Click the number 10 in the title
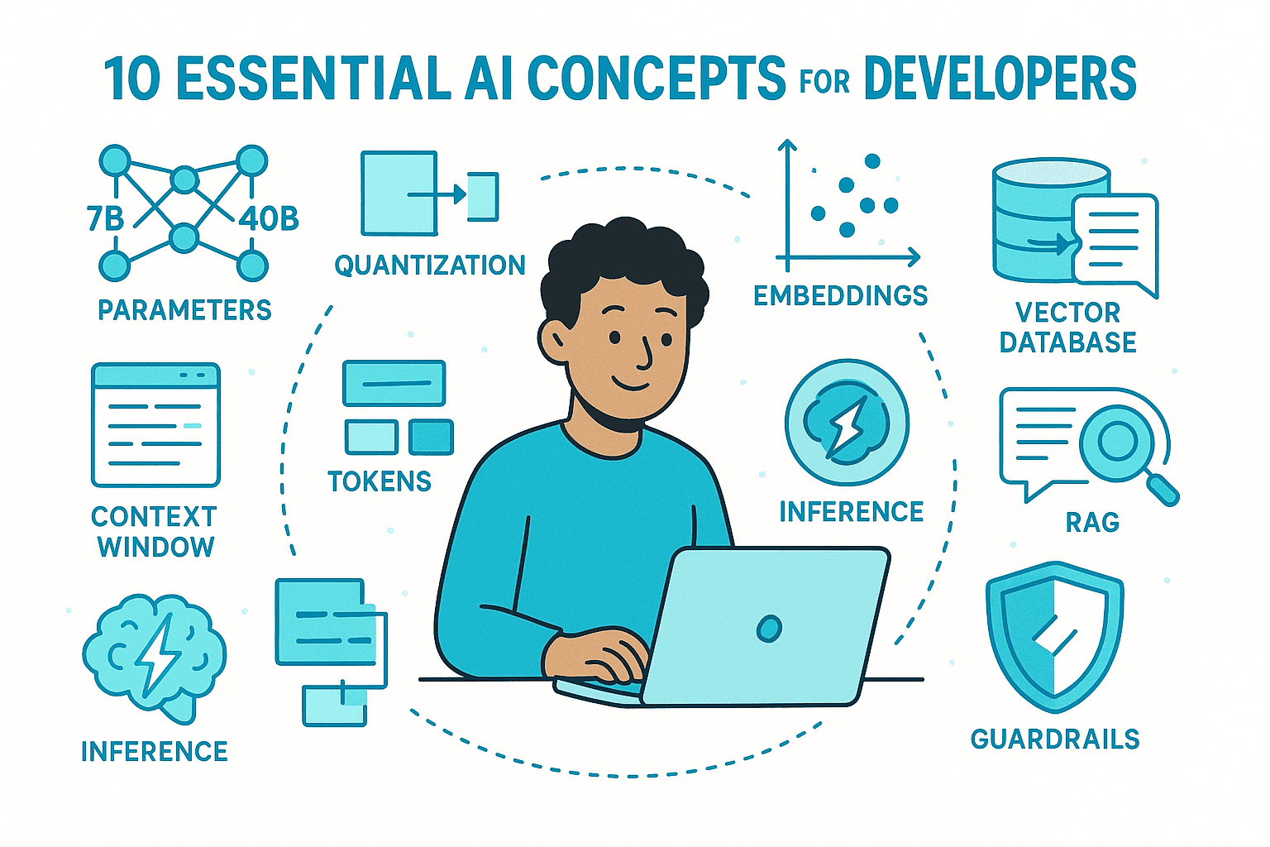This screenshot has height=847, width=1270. pyautogui.click(x=132, y=79)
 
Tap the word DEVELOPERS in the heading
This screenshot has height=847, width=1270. pyautogui.click(x=1000, y=79)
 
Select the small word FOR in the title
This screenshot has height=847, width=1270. pyautogui.click(x=824, y=84)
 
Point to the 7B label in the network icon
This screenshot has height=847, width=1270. pyautogui.click(x=105, y=218)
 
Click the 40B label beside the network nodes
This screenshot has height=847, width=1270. pyautogui.click(x=269, y=218)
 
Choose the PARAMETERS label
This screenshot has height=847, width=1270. pyautogui.click(x=184, y=310)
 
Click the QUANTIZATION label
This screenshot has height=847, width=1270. pyautogui.click(x=430, y=266)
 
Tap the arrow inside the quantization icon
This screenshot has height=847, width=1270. pyautogui.click(x=438, y=195)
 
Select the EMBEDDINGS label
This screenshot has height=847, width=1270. pyautogui.click(x=840, y=295)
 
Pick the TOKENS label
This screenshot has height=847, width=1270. pyautogui.click(x=380, y=481)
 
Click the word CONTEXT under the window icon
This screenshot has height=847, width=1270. pyautogui.click(x=154, y=517)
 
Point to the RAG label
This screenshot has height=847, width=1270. pyautogui.click(x=1091, y=523)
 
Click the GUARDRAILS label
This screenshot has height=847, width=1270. pyautogui.click(x=1055, y=739)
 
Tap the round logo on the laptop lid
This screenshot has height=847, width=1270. pyautogui.click(x=769, y=629)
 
